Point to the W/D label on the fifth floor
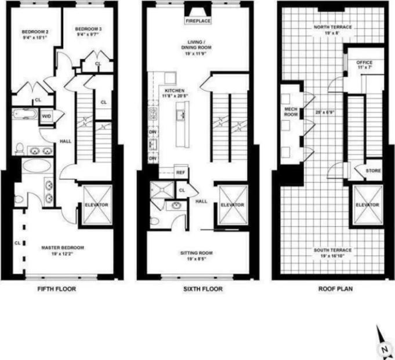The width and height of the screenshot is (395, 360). point(46,117)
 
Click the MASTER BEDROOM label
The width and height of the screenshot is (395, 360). point(62,248)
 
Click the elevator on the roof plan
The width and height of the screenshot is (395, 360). point(367,205)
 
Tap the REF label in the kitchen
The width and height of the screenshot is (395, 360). point(180,172)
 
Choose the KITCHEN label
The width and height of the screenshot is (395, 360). point(175,92)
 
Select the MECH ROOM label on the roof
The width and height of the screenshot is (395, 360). point(290,112)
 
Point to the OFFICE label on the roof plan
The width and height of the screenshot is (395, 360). point(364,63)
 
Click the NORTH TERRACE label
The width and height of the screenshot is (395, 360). point(332,27)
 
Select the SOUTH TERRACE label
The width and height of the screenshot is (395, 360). point(332,250)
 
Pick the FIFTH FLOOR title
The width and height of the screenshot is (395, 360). point(56,288)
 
